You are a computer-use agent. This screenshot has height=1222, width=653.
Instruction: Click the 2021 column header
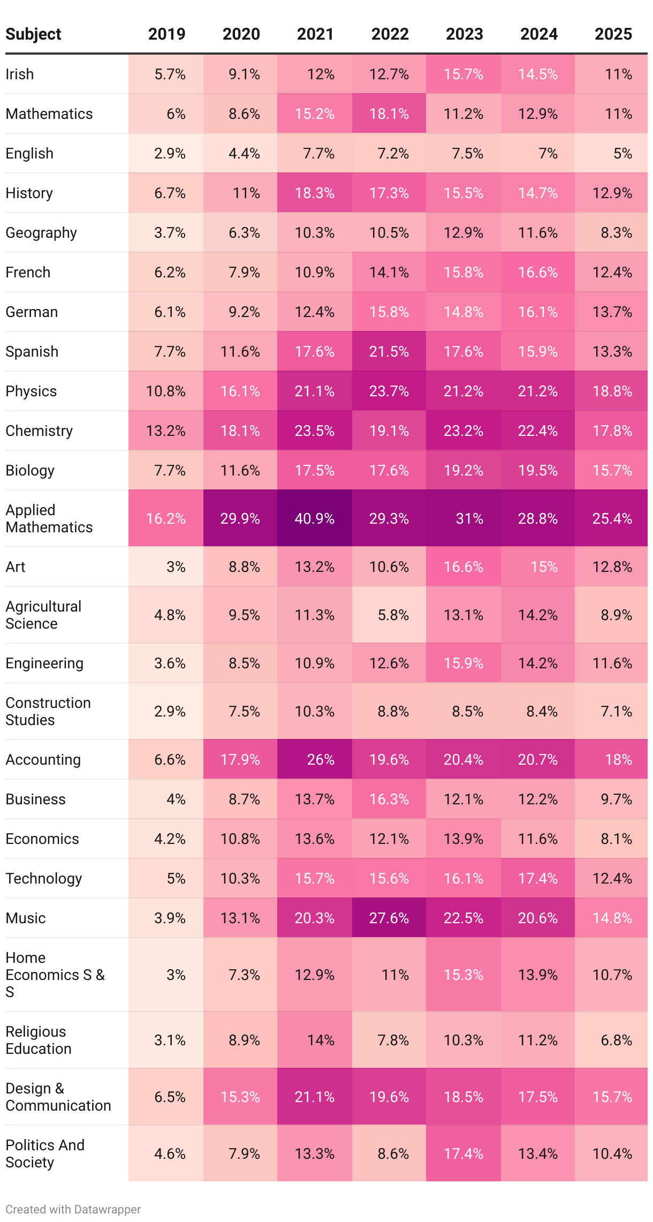pyautogui.click(x=315, y=34)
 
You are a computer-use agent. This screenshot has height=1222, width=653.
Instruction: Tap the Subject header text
pyautogui.click(x=33, y=34)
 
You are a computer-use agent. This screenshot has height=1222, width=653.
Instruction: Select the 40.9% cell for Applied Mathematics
pyautogui.click(x=315, y=518)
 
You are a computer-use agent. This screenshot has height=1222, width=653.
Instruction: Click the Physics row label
pyautogui.click(x=31, y=391)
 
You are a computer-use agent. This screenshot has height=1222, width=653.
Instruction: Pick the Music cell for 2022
pyautogui.click(x=389, y=918)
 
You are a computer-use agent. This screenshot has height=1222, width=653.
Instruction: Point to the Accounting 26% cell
pyautogui.click(x=320, y=759)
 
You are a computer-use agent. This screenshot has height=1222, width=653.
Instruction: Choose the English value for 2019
pyautogui.click(x=170, y=154)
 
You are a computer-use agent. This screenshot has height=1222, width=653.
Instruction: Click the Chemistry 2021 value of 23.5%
pyautogui.click(x=315, y=431)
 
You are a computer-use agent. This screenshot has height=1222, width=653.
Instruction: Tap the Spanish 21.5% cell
pyautogui.click(x=389, y=352)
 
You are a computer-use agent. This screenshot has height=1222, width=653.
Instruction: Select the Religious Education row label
pyautogui.click(x=39, y=1040)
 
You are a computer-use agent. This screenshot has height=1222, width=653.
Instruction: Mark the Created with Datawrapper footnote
pyautogui.click(x=73, y=1209)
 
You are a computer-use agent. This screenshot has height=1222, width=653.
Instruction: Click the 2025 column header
pyautogui.click(x=613, y=34)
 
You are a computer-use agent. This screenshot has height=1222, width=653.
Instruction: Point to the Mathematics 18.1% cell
pyautogui.click(x=389, y=114)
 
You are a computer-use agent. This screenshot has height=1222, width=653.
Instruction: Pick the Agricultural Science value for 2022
pyautogui.click(x=393, y=615)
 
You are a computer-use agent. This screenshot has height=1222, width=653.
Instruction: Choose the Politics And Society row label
pyautogui.click(x=45, y=1153)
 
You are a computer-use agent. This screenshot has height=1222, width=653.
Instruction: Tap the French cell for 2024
pyautogui.click(x=538, y=273)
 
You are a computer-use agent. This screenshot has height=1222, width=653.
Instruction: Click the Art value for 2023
pyautogui.click(x=464, y=567)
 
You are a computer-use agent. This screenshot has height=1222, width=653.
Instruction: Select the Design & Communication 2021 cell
pyautogui.click(x=315, y=1097)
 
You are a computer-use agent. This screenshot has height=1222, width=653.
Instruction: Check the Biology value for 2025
pyautogui.click(x=612, y=471)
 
